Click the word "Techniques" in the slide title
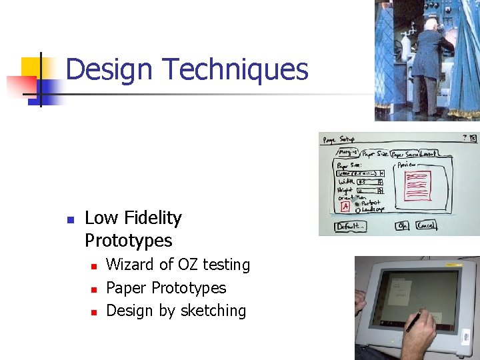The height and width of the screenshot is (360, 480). (235, 69)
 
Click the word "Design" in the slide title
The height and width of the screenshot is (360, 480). (110, 69)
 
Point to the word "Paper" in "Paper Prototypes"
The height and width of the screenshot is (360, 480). (127, 288)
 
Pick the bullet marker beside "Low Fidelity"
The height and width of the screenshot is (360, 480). (70, 219)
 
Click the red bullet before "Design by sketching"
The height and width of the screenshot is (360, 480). (94, 312)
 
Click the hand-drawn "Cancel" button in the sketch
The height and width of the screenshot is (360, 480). (426, 225)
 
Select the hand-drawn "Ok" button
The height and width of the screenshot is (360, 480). (402, 225)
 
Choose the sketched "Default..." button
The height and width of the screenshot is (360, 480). (350, 226)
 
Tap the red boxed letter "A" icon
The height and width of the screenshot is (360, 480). (345, 207)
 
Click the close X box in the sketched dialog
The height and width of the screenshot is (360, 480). (473, 139)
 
